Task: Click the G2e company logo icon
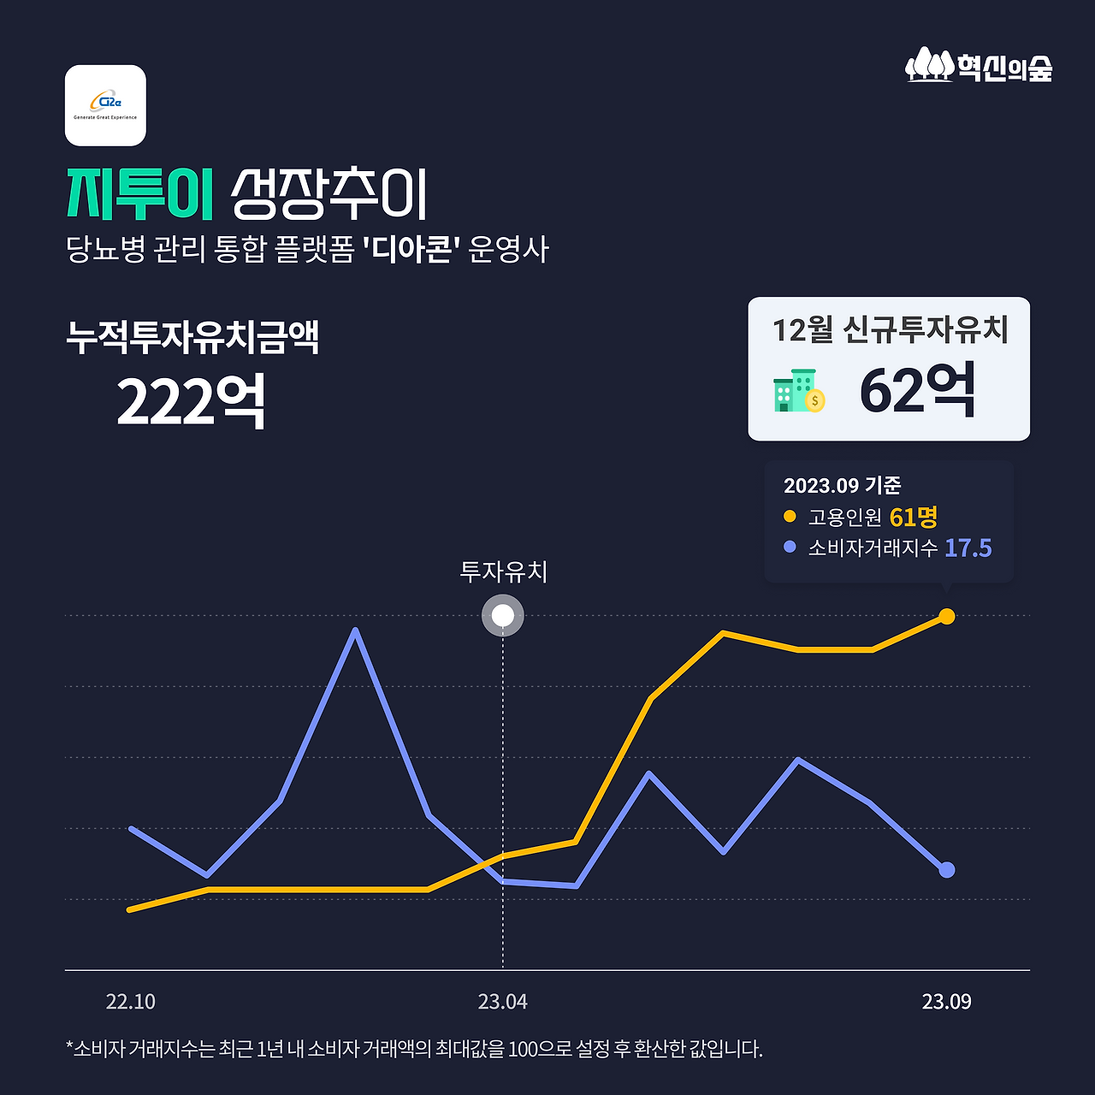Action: tap(105, 105)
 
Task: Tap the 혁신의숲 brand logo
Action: tap(979, 66)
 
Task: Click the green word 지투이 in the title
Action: tap(139, 194)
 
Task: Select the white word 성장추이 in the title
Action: tap(328, 194)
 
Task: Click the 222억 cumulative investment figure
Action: tap(191, 401)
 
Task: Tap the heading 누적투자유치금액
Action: tap(192, 337)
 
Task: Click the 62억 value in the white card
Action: tap(917, 391)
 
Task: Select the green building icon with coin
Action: tap(799, 392)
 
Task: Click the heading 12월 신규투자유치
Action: tap(890, 329)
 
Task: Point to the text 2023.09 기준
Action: tap(842, 486)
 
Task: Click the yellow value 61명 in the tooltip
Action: tap(914, 518)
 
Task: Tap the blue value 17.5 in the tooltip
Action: tap(968, 548)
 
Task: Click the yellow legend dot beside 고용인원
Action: tap(790, 517)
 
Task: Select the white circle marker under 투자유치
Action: tap(503, 616)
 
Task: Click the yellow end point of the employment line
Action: tap(947, 616)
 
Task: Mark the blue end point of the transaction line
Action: tap(947, 870)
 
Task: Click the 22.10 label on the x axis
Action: tap(130, 1002)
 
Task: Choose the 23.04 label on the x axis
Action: tap(503, 1002)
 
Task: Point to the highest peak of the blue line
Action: tap(355, 631)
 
